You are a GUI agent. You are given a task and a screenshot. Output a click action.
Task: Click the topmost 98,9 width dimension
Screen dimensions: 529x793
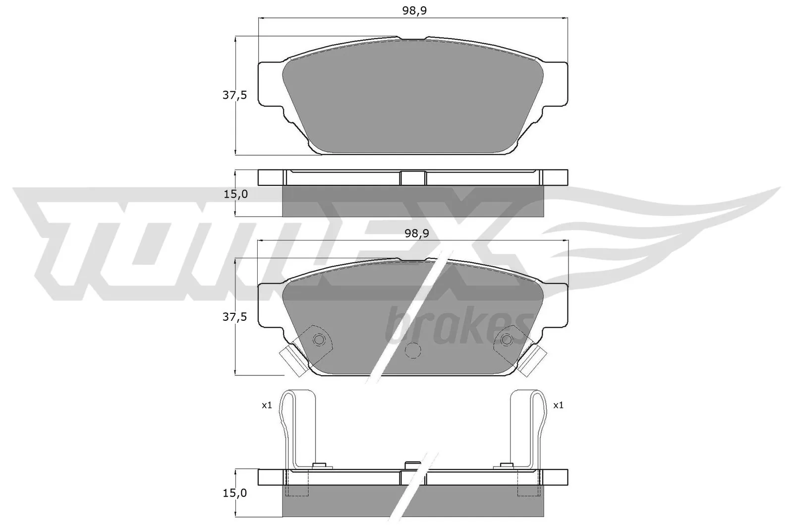point(414,11)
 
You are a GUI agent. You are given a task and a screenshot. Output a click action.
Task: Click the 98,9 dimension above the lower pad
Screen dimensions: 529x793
point(414,234)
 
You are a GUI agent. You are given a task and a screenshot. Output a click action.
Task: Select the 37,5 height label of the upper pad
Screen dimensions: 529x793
point(234,96)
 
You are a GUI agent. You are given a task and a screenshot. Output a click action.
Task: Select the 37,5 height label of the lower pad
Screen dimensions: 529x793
point(234,317)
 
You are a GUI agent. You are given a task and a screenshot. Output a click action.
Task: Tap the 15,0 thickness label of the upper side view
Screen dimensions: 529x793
point(235,194)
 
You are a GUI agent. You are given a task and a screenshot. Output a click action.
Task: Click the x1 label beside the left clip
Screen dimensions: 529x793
point(267,405)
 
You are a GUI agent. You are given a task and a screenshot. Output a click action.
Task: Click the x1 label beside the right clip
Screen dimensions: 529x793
point(558,405)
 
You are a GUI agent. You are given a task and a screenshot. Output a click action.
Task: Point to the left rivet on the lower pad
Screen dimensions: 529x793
point(319,340)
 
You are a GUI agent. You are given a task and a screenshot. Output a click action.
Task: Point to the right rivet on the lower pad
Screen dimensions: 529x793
point(507,340)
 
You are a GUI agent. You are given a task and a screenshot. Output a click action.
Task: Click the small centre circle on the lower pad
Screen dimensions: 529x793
point(412,351)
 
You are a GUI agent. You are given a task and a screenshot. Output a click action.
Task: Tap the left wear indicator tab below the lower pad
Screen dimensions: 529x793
point(288,356)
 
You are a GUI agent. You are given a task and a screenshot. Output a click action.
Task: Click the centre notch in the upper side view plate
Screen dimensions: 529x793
point(413,178)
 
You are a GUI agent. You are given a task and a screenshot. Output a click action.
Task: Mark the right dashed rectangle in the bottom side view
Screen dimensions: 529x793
point(528,483)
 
